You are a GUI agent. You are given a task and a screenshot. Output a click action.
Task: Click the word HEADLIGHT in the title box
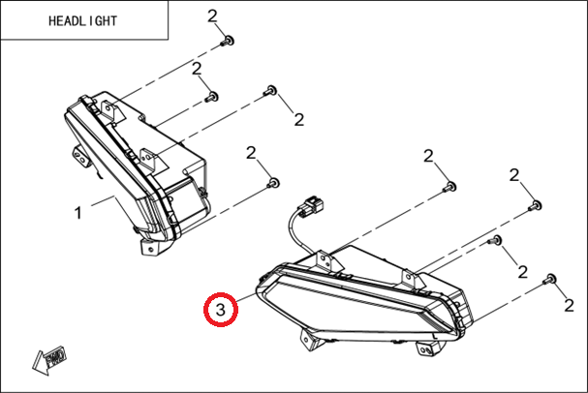(x=82, y=21)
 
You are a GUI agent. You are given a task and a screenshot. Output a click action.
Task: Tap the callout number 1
(x=77, y=214)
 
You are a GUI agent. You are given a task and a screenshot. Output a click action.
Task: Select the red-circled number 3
(x=221, y=310)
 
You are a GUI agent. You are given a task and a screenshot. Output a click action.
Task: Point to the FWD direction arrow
(x=49, y=360)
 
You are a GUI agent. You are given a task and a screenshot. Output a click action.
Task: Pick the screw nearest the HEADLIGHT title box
(x=228, y=41)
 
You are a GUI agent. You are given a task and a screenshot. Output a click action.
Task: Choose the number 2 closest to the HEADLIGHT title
(x=212, y=16)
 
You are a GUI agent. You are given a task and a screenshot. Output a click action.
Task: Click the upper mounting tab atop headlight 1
(x=111, y=110)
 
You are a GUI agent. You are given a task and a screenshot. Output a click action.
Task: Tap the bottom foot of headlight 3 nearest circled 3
(x=310, y=340)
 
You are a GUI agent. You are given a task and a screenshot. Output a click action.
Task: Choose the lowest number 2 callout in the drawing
(x=570, y=306)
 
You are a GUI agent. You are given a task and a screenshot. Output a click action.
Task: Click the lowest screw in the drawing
(x=549, y=280)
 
